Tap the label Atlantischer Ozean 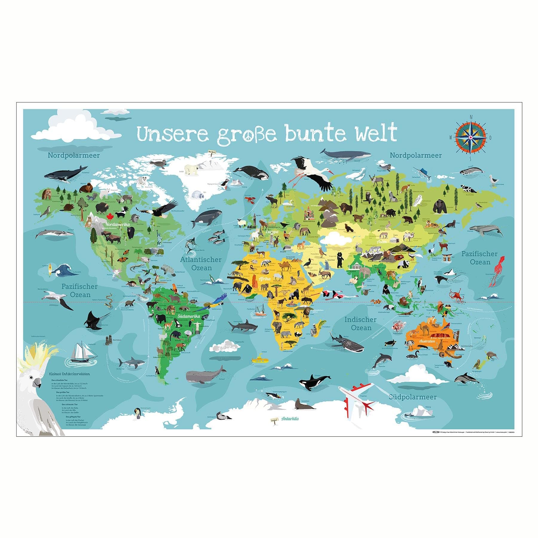pos(201,264)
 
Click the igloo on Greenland pos(198,197)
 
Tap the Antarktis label pos(290,419)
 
